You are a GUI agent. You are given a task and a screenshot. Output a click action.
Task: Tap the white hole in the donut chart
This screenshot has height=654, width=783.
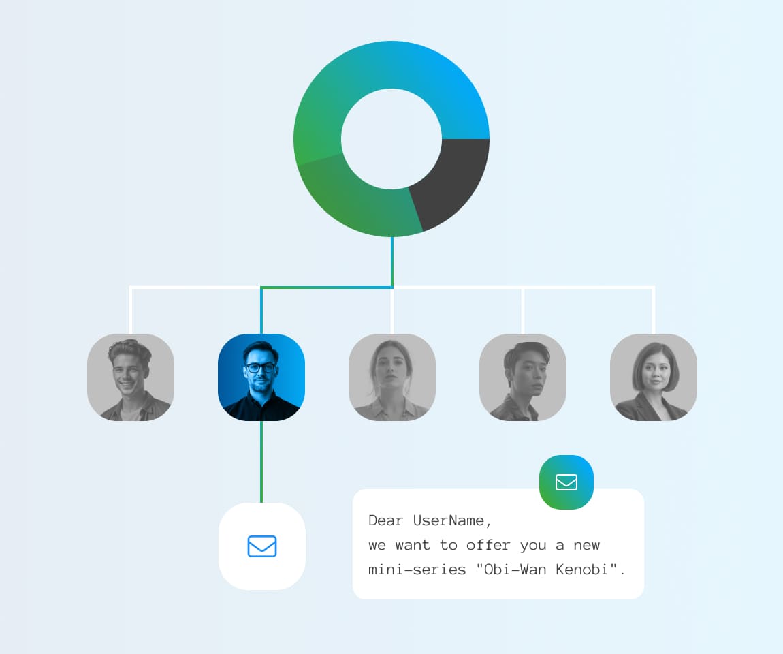pyautogui.click(x=391, y=139)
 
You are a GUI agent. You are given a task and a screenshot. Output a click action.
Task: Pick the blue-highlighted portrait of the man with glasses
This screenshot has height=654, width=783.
pyautogui.click(x=261, y=377)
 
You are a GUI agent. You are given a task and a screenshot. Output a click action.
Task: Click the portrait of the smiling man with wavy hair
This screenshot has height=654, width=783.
pyautogui.click(x=131, y=377)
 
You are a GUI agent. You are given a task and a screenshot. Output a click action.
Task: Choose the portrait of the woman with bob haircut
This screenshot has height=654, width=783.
pyautogui.click(x=653, y=377)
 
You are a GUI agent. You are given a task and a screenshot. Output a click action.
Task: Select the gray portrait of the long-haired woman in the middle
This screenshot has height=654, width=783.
pyautogui.click(x=392, y=377)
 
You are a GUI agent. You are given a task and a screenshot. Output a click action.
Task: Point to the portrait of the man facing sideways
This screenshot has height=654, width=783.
pyautogui.click(x=523, y=377)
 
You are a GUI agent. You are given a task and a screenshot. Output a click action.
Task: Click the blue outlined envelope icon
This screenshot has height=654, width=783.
pyautogui.click(x=262, y=546)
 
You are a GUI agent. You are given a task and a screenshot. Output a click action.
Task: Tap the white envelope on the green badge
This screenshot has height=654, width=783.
pyautogui.click(x=566, y=482)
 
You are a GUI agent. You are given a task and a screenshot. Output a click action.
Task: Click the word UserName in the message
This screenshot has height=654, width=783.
pyautogui.click(x=449, y=520)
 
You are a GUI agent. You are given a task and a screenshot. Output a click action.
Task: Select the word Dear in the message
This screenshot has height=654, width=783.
pyautogui.click(x=385, y=520)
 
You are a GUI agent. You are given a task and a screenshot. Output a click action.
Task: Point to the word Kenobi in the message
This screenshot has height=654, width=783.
pyautogui.click(x=581, y=569)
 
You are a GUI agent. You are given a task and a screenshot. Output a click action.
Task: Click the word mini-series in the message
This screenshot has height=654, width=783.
pyautogui.click(x=417, y=569)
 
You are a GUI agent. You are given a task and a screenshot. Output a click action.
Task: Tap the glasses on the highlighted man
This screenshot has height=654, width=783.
pyautogui.click(x=260, y=368)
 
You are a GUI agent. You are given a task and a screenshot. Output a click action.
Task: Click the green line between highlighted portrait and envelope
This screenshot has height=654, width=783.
pyautogui.click(x=261, y=462)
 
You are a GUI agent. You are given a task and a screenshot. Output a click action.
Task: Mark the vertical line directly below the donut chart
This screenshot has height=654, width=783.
pyautogui.click(x=392, y=262)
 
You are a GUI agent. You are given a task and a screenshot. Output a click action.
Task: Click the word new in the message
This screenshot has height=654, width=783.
pyautogui.click(x=587, y=545)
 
